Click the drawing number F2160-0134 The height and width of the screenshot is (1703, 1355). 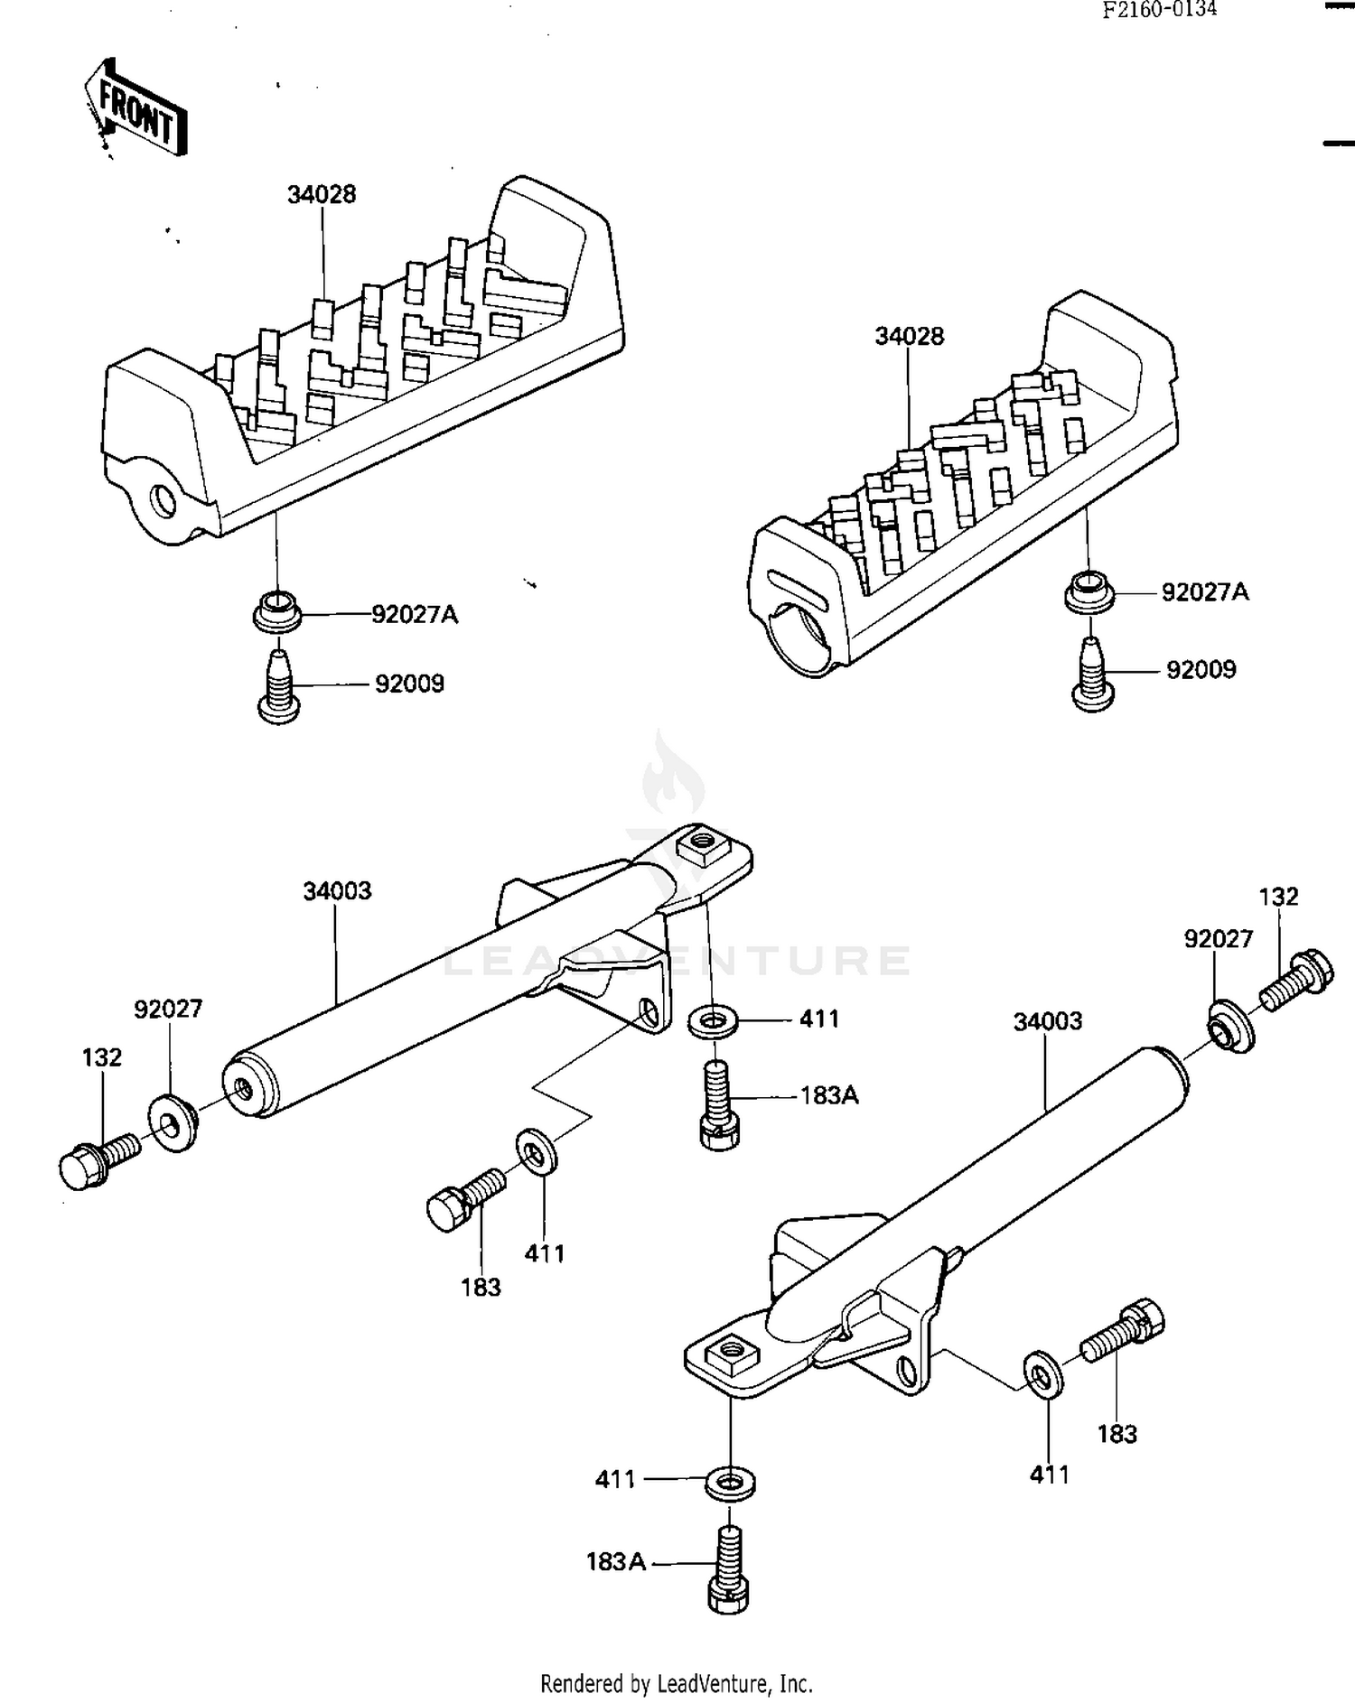[1159, 10]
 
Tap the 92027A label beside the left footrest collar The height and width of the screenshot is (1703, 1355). [415, 615]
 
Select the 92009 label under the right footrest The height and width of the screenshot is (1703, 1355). [1201, 670]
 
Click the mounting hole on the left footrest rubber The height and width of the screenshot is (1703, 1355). [164, 499]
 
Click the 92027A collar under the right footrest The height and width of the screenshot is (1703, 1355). [1089, 591]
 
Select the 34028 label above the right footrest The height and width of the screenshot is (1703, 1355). [909, 336]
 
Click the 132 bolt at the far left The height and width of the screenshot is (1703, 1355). [96, 1160]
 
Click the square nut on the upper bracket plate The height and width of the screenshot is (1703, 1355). [703, 845]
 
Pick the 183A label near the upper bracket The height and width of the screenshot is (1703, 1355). [829, 1096]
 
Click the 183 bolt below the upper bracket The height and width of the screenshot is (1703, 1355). [463, 1198]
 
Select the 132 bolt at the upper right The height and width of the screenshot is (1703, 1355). [1295, 982]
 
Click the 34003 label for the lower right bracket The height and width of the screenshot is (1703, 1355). [1047, 1021]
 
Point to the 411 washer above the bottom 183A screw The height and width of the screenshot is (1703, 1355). [729, 1484]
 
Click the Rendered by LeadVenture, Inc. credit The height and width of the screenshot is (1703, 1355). [677, 1683]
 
